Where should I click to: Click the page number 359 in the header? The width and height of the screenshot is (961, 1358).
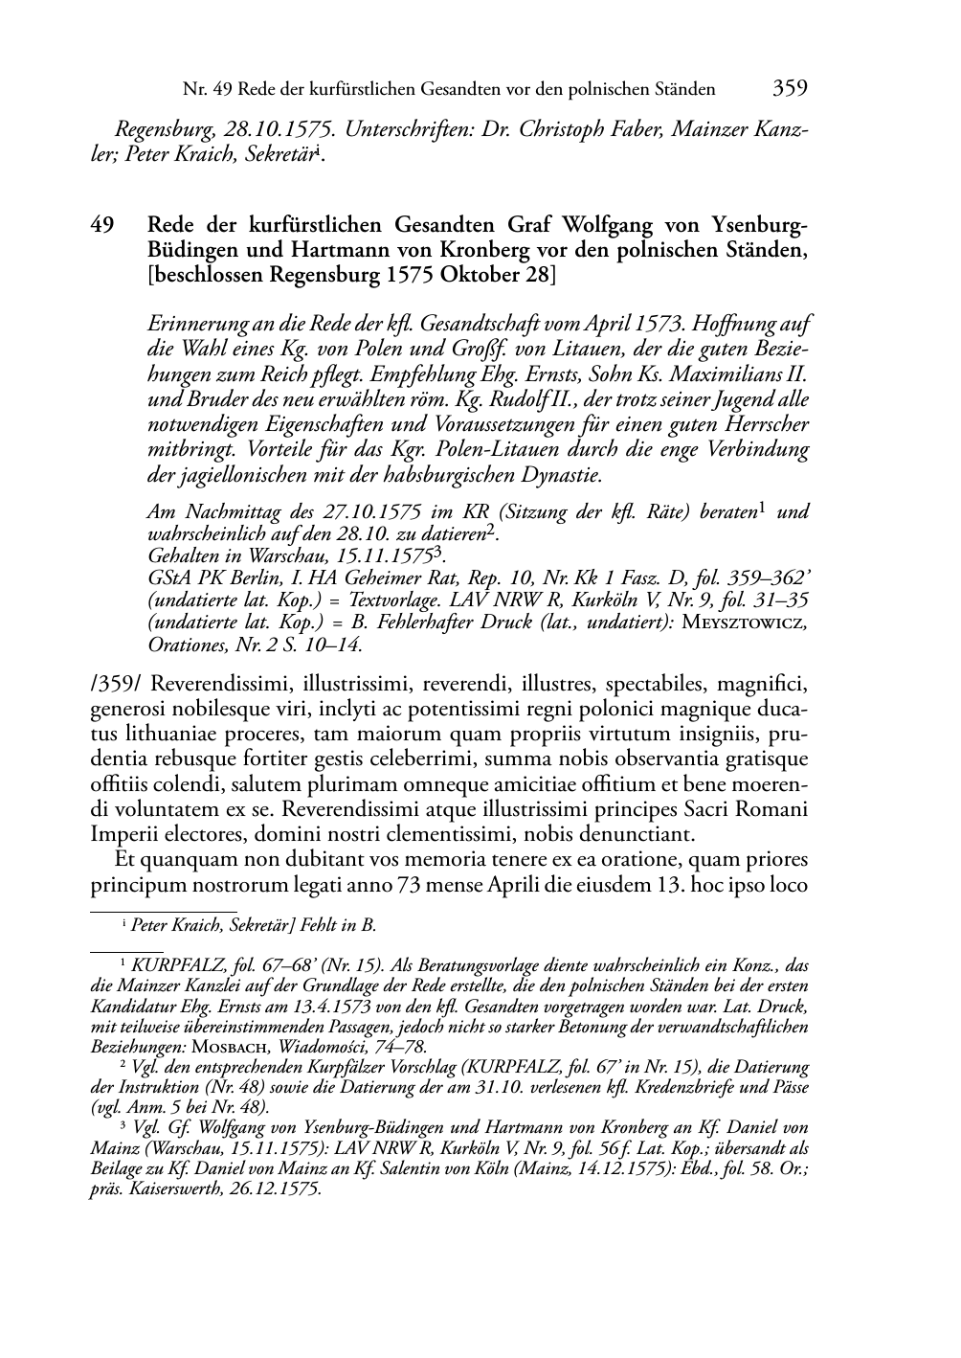790,89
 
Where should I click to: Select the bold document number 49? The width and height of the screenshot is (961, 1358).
103,226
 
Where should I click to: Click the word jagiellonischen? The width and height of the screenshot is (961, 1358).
241,475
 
